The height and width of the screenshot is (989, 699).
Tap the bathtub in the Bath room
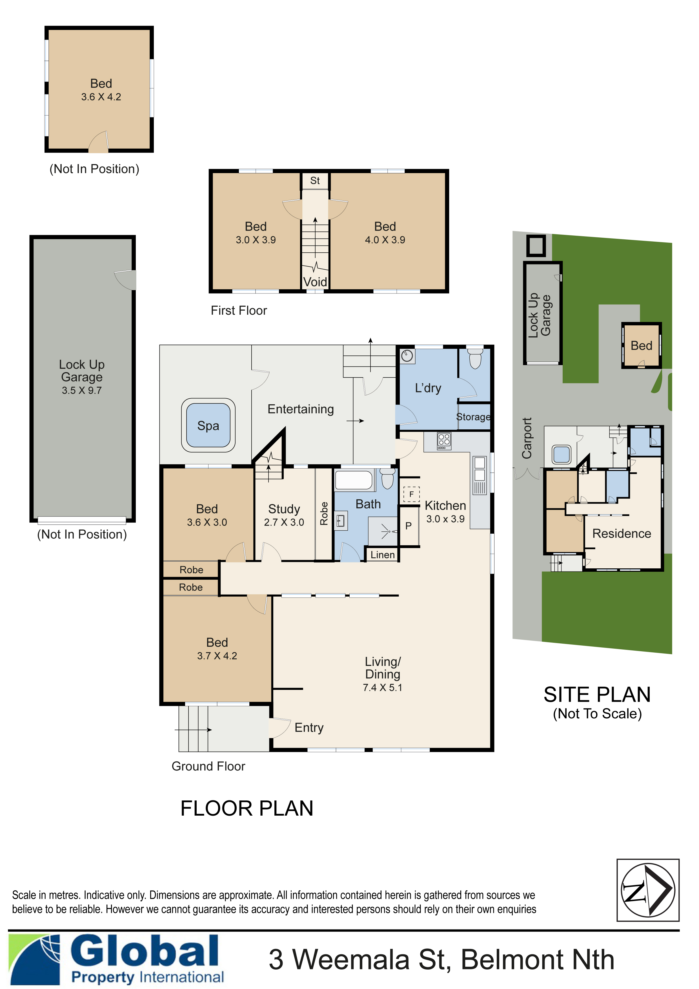point(353,480)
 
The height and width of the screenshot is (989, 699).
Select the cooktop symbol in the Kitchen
point(444,441)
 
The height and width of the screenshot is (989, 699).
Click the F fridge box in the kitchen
point(411,494)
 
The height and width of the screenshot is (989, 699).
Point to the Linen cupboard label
point(382,555)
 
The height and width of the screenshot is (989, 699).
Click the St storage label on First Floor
point(315,180)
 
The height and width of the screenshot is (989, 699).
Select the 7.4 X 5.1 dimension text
point(382,687)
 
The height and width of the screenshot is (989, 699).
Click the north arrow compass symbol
point(647,890)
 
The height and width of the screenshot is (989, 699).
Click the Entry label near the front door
point(309,728)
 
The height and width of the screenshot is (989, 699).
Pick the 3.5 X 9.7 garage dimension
point(82,390)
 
